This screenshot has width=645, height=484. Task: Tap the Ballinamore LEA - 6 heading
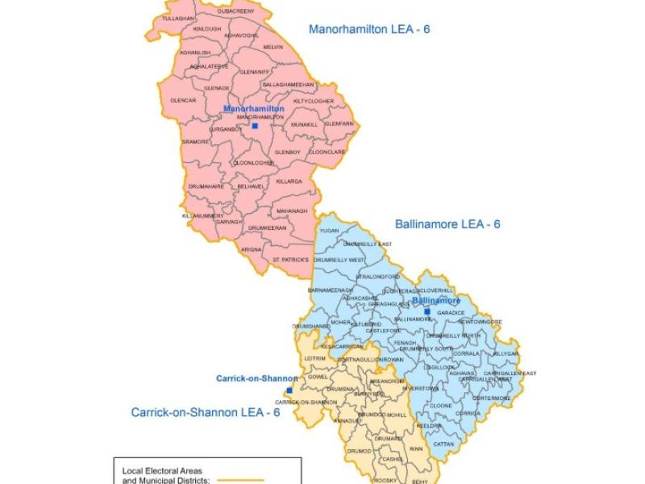447,223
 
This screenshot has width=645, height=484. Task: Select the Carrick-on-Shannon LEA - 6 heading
205,412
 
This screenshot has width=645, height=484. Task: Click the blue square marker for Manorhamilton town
255,126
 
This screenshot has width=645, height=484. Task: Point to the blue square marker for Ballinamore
427,311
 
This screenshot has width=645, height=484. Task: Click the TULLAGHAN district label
178,18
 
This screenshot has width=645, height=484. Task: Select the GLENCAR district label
183,100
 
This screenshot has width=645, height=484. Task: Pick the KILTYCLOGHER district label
314,101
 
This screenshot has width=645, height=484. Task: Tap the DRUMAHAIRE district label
206,186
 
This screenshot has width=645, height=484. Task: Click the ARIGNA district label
252,250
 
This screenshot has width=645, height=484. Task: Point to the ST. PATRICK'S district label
290,260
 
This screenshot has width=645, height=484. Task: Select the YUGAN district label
329,230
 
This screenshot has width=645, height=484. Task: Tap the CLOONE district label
441,405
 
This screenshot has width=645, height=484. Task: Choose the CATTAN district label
443,444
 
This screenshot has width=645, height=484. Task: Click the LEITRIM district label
315,357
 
